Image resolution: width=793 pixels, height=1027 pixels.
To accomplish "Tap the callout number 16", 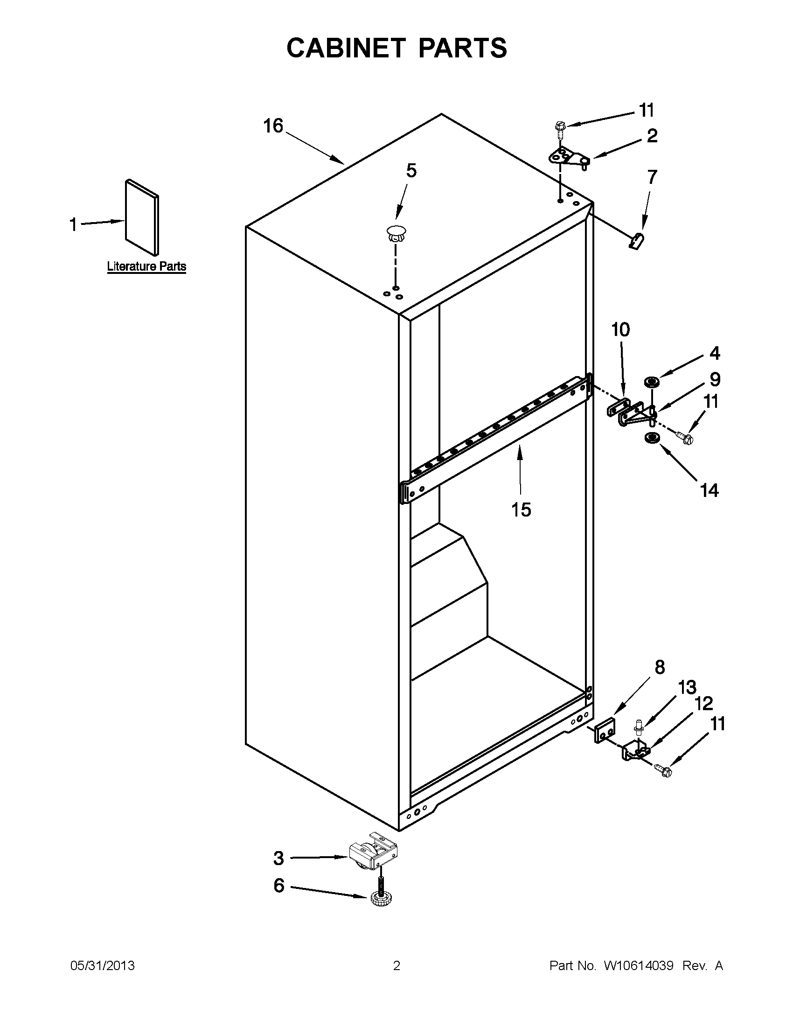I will point(272,126).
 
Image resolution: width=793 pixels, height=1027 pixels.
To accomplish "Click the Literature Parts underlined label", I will point(146,266).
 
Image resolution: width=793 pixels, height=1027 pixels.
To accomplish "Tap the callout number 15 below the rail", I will point(521,509).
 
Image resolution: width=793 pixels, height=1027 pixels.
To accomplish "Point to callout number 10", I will point(620,329).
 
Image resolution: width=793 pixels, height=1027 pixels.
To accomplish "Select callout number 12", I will point(703,704).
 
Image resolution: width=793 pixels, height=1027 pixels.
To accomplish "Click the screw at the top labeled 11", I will point(560,127).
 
